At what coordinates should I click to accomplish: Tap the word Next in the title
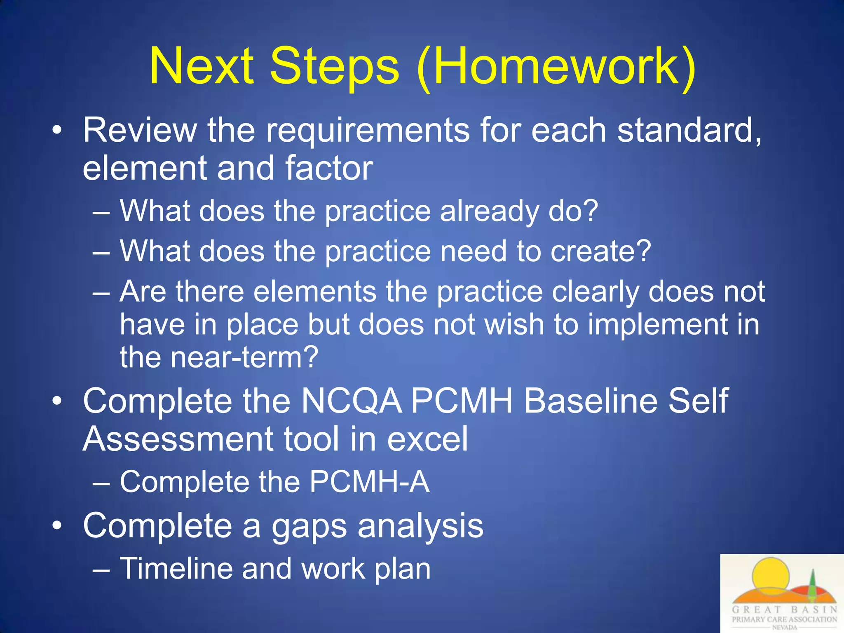pyautogui.click(x=202, y=66)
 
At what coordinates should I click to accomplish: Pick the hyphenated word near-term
pyautogui.click(x=245, y=357)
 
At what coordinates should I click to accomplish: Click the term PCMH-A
pyautogui.click(x=369, y=482)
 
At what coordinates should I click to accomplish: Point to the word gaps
pyautogui.click(x=309, y=527)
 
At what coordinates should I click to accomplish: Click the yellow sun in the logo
pyautogui.click(x=770, y=575)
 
